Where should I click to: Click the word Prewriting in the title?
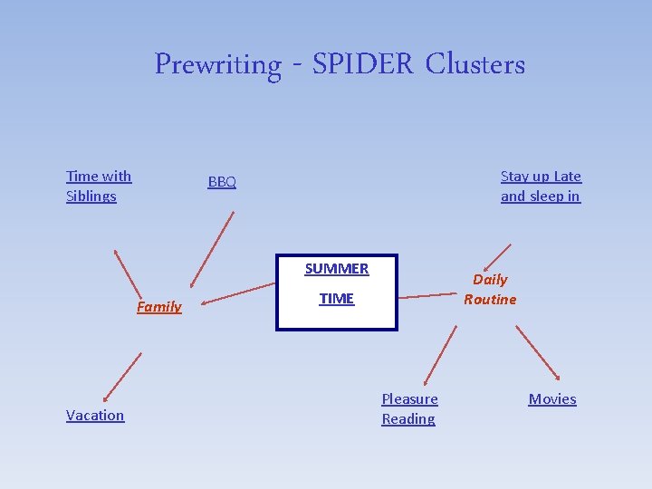pyautogui.click(x=217, y=65)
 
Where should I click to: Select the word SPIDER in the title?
pyautogui.click(x=363, y=64)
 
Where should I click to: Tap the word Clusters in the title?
pyautogui.click(x=475, y=64)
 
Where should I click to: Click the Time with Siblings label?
pyautogui.click(x=98, y=186)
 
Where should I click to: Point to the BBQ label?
pyautogui.click(x=222, y=182)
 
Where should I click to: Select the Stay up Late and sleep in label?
pyautogui.click(x=541, y=186)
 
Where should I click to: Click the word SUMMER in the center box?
pyautogui.click(x=337, y=268)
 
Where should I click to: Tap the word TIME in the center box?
pyautogui.click(x=337, y=298)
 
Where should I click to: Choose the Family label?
pyautogui.click(x=159, y=306)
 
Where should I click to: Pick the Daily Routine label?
pyautogui.click(x=490, y=289)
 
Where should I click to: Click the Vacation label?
pyautogui.click(x=95, y=415)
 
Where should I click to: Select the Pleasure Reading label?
pyautogui.click(x=409, y=408)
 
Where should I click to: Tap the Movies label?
pyautogui.click(x=552, y=398)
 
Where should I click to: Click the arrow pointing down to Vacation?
pyautogui.click(x=122, y=376)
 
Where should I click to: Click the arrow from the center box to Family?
pyautogui.click(x=237, y=293)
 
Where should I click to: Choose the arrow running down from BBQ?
pyautogui.click(x=212, y=248)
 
